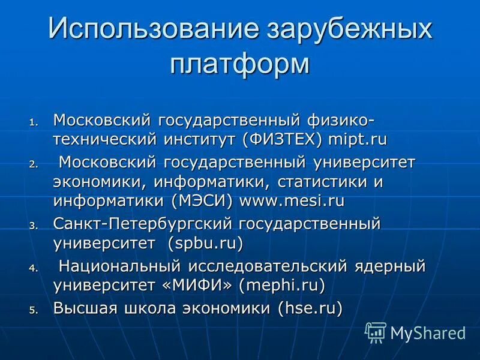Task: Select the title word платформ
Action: [239, 63]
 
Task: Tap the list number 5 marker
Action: [34, 310]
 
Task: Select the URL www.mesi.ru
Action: [292, 200]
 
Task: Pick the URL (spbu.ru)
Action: [205, 244]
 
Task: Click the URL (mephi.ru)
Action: [281, 285]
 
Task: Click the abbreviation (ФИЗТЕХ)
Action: [283, 140]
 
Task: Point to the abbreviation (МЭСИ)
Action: [203, 200]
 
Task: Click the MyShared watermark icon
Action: [376, 332]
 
